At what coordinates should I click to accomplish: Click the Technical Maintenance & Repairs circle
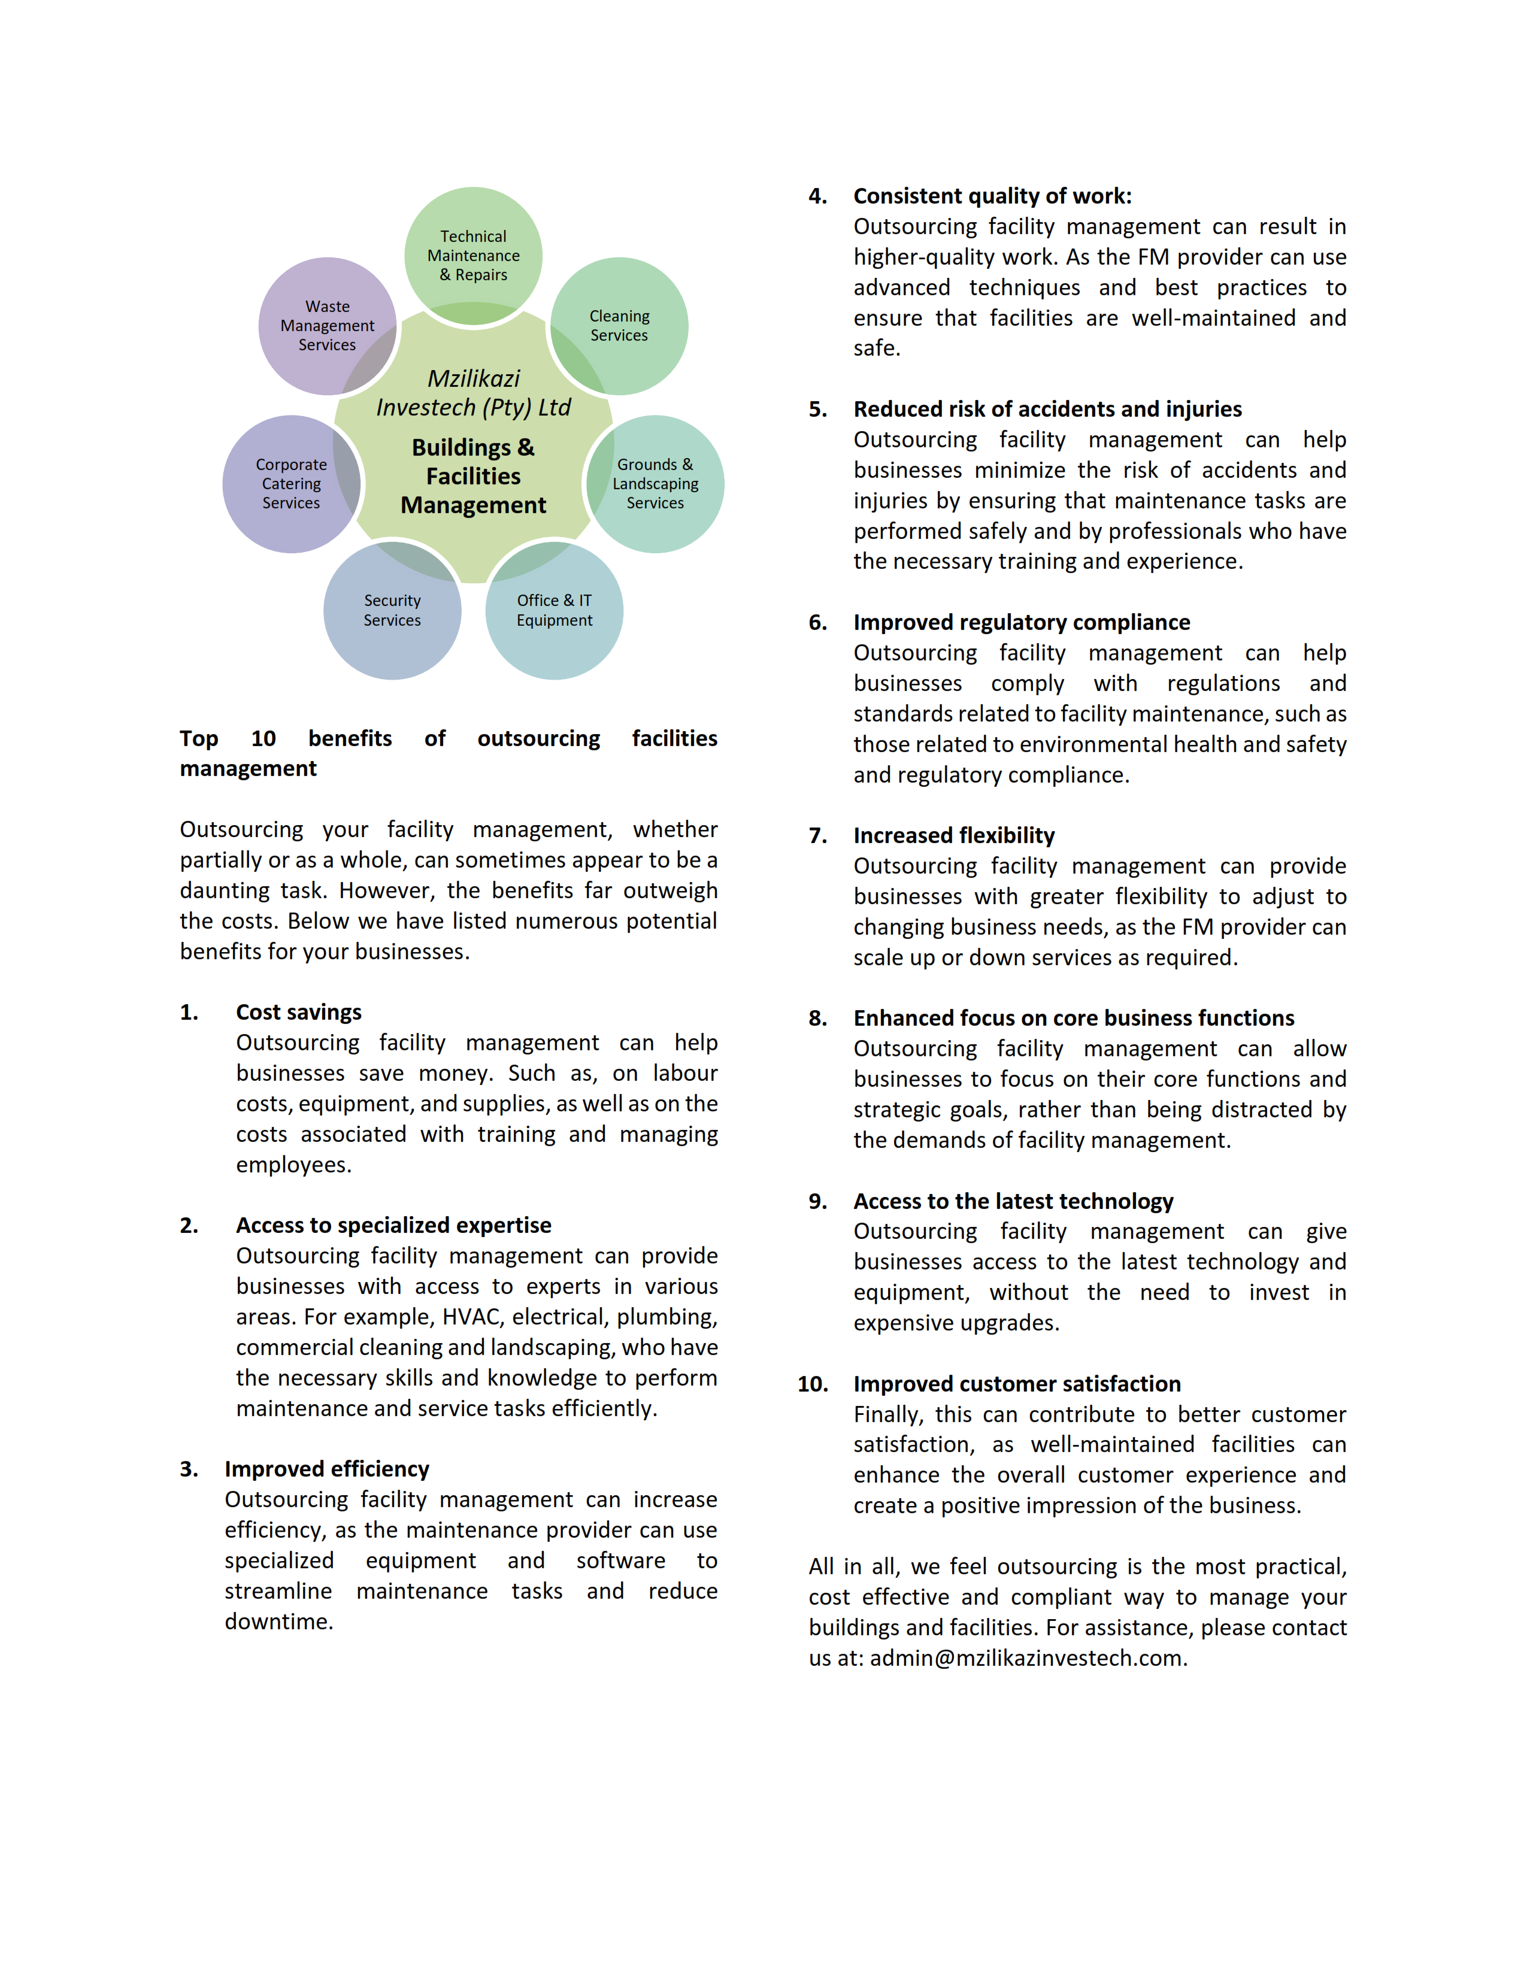(473, 255)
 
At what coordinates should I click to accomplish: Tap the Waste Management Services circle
(328, 326)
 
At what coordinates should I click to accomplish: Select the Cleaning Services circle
(620, 326)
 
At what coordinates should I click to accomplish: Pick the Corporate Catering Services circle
(291, 484)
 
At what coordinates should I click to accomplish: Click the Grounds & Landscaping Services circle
(656, 484)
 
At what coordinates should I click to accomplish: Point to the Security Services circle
(393, 611)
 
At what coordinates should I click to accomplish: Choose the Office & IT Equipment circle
(555, 611)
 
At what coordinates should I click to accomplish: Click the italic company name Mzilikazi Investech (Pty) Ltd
(473, 393)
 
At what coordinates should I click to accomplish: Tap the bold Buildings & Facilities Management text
(473, 476)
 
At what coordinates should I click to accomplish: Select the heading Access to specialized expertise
(393, 1225)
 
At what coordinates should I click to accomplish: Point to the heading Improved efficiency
(326, 1468)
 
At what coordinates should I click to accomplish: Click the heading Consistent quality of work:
(992, 196)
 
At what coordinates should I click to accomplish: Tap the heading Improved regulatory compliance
(1022, 623)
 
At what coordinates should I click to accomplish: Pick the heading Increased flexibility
(953, 835)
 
